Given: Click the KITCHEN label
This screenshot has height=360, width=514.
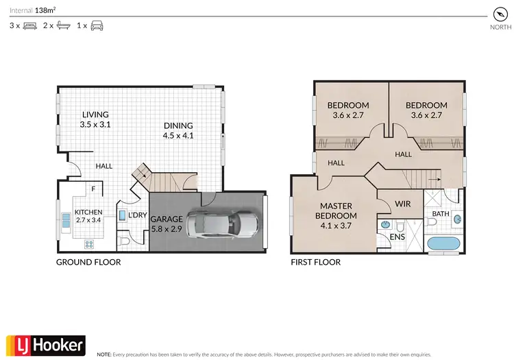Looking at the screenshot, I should coord(88,211).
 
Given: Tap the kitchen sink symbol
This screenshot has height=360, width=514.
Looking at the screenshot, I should coord(66,221).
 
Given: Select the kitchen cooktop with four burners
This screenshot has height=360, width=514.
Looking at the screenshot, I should coord(88,243).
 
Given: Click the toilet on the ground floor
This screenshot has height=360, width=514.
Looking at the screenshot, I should coord(123,242).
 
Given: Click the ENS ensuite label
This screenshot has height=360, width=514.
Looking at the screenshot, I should coord(397,237).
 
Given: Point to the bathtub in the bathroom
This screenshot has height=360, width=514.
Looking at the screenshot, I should coord(443,243).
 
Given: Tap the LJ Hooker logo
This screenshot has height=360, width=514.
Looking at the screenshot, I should coord(45,345).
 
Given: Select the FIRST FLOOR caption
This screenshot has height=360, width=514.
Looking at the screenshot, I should coord(316,262).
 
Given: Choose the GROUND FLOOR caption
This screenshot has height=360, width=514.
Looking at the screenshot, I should coord(89,262).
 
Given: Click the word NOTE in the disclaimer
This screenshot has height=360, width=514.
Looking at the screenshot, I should coord(104,355).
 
